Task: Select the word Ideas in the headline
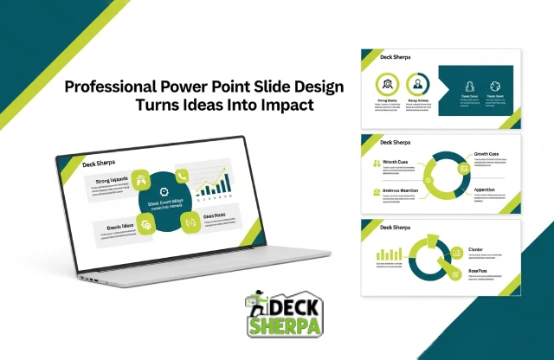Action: pos(202,105)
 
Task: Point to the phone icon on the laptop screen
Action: pos(182,176)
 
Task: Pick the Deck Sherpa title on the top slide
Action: pos(396,56)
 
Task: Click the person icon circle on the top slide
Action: pos(418,84)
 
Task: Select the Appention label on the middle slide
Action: pos(485,189)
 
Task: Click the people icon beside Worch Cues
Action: pos(375,162)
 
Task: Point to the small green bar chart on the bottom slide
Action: pos(385,254)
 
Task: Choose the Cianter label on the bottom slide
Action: pos(476,248)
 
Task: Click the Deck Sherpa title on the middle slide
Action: pos(396,142)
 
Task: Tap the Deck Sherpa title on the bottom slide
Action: pos(396,227)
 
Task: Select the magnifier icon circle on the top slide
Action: pos(385,84)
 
